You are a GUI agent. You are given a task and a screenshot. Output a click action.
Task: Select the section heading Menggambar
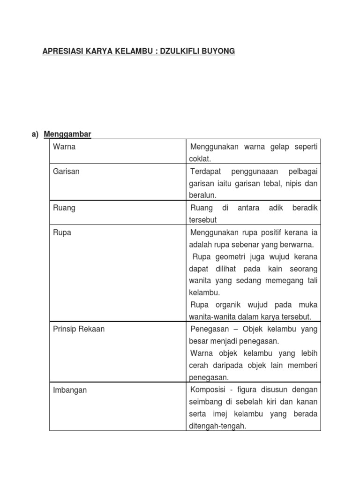[67, 135]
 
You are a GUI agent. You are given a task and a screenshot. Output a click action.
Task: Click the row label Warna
[64, 147]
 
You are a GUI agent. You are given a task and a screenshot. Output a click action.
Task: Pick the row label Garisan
[67, 171]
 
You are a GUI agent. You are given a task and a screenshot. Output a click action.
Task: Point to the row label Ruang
[64, 208]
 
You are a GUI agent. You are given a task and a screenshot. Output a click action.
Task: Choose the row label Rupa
[62, 232]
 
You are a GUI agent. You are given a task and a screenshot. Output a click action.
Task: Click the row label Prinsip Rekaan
[79, 329]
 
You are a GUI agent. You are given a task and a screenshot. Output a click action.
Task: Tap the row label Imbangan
[70, 390]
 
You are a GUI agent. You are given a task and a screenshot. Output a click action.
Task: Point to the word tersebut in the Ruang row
[203, 220]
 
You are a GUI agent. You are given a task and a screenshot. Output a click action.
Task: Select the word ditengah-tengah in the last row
[217, 426]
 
